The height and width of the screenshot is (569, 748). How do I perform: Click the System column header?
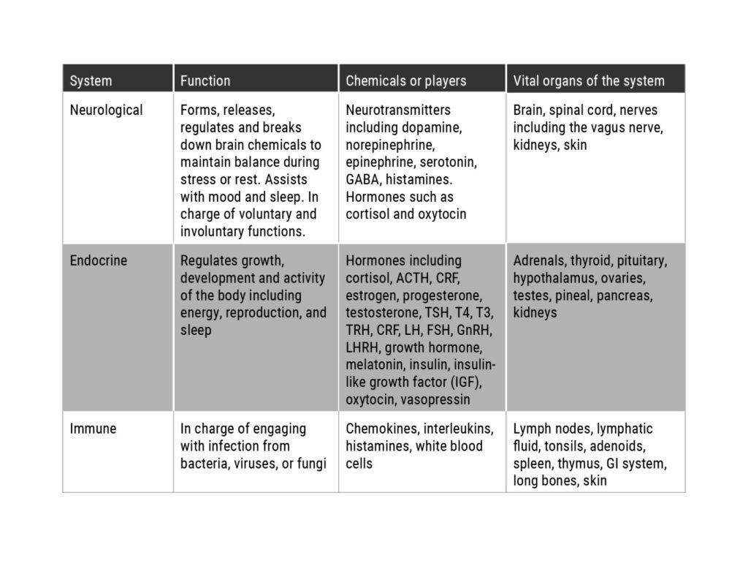(x=91, y=80)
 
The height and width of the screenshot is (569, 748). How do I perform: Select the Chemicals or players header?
(x=405, y=80)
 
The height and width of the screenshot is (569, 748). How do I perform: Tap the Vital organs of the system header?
(x=588, y=80)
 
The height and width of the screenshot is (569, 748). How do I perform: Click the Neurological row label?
(x=106, y=110)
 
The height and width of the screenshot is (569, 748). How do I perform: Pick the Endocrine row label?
(x=98, y=261)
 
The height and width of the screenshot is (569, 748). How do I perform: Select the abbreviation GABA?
(x=362, y=179)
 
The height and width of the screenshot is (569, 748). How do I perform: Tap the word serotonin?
(x=448, y=162)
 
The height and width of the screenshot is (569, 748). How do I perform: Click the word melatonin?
(x=372, y=365)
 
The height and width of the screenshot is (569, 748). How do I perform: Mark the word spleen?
(x=533, y=464)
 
